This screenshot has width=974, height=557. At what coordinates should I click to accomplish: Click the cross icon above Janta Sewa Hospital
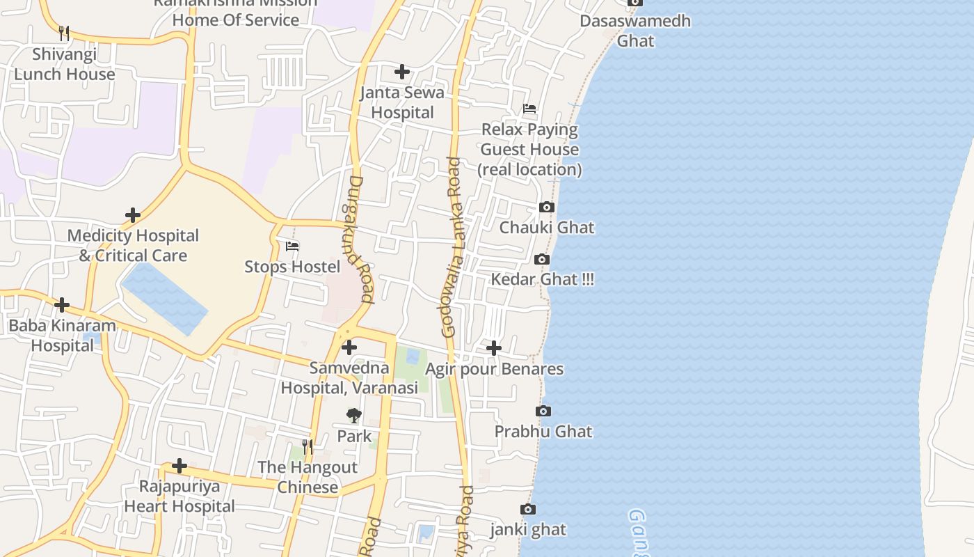[402, 72]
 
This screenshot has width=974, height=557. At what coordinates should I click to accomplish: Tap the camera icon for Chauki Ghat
[547, 207]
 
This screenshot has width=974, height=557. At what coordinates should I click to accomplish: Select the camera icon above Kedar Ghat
[541, 259]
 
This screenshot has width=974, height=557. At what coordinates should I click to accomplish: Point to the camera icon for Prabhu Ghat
[543, 411]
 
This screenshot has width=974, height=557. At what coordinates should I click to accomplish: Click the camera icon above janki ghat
[528, 509]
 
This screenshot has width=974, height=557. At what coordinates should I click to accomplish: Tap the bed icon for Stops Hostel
[292, 246]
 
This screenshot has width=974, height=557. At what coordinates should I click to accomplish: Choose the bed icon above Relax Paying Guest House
[529, 109]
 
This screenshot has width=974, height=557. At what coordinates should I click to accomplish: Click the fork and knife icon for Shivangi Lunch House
[64, 33]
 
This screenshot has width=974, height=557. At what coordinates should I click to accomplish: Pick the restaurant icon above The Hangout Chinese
[308, 446]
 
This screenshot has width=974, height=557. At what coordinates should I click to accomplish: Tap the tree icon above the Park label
[354, 416]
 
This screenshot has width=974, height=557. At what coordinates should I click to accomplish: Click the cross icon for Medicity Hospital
[133, 215]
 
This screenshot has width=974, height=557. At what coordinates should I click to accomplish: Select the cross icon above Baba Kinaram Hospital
[62, 305]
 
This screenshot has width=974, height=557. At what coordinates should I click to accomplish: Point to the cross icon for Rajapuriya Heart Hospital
[179, 466]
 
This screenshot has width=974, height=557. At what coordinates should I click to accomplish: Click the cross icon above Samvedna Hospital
[349, 347]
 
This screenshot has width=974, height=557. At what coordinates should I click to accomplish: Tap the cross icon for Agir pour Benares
[494, 348]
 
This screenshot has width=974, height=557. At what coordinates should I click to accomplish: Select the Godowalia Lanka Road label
[452, 247]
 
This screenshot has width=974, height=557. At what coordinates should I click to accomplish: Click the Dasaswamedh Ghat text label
[635, 31]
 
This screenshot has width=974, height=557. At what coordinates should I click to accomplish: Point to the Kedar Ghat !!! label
[543, 279]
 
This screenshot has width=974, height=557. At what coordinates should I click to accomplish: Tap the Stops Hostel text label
[292, 267]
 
